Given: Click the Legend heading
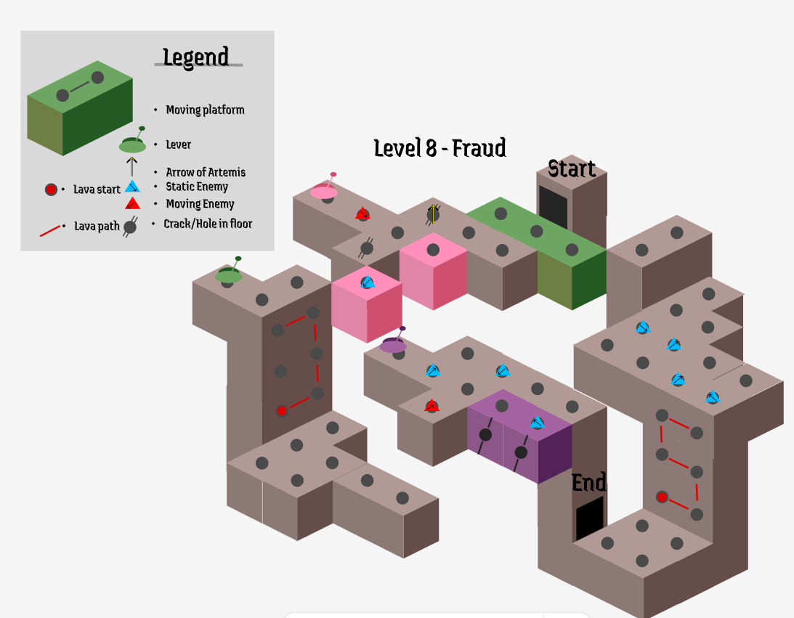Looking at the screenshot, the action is click(x=195, y=57).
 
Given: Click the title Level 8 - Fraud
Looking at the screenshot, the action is click(x=439, y=148).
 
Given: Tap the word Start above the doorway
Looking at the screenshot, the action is click(x=572, y=168).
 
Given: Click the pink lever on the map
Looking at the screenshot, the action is click(x=324, y=190).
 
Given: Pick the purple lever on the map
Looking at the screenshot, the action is click(x=393, y=344).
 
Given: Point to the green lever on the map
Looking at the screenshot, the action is click(x=229, y=274).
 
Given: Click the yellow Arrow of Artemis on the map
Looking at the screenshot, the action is click(x=433, y=214).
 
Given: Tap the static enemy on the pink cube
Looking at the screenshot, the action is click(x=368, y=282).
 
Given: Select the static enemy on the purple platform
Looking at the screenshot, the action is click(x=537, y=423).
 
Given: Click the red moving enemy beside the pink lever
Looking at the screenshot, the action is click(x=362, y=214).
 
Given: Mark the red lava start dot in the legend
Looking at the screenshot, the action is click(x=51, y=190).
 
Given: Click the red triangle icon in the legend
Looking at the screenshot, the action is click(x=131, y=203).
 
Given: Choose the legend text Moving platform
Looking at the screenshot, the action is click(x=205, y=110).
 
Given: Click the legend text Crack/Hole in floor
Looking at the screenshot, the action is click(x=208, y=224).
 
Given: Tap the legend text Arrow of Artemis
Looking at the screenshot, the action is click(x=206, y=172).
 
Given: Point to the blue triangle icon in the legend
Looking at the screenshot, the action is click(x=131, y=187).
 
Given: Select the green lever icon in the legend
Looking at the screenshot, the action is click(x=132, y=144).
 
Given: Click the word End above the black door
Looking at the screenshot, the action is click(x=588, y=482).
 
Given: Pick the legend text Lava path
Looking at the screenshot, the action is click(x=97, y=226).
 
